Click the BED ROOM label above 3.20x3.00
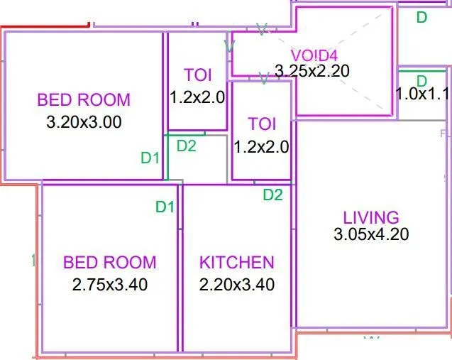tap(84, 99)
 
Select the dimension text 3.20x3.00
tap(84, 121)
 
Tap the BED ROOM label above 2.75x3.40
tap(110, 262)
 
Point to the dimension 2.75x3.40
tap(110, 285)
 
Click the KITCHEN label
tap(236, 262)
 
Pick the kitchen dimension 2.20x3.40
tap(236, 285)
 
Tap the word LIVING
tap(371, 217)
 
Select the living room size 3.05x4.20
tap(371, 234)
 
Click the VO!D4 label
tap(314, 55)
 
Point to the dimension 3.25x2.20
tap(312, 71)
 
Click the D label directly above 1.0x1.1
tap(421, 80)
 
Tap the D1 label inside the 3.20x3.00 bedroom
tap(150, 158)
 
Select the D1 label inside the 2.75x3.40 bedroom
tap(165, 207)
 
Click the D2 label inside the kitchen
tap(273, 195)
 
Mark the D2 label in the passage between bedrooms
tap(187, 146)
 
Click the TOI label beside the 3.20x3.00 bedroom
tap(197, 75)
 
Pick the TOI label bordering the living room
tap(262, 124)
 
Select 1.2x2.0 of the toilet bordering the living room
tap(262, 147)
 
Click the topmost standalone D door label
tap(421, 17)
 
